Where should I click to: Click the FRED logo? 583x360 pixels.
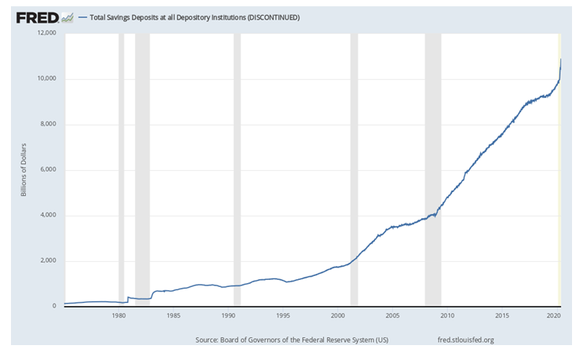point(39,16)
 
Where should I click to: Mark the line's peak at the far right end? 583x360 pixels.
point(560,60)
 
